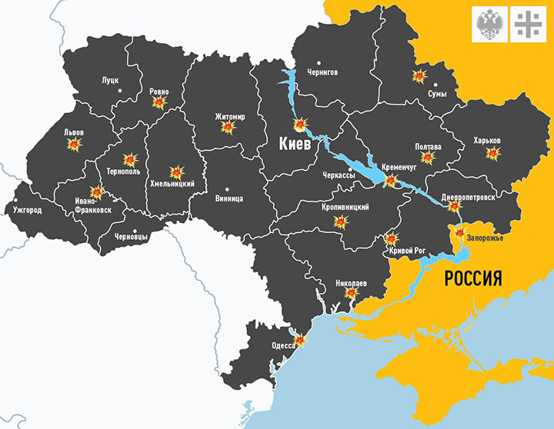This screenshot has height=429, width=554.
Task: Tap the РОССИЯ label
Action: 473,278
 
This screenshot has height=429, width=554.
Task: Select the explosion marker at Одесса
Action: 300,341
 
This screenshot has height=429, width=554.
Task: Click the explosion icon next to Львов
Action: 75,144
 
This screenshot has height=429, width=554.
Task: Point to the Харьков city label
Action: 487,141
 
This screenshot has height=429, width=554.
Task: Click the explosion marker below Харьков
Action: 492,153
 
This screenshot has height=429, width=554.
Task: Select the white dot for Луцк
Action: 120,91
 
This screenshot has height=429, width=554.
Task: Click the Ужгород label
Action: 28,209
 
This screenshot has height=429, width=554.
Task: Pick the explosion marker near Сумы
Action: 419,76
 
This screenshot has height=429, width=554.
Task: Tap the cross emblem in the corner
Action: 529,24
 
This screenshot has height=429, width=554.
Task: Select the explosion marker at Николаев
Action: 351,293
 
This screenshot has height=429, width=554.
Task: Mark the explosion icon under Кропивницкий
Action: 341,221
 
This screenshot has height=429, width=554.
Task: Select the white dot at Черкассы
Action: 350,169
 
